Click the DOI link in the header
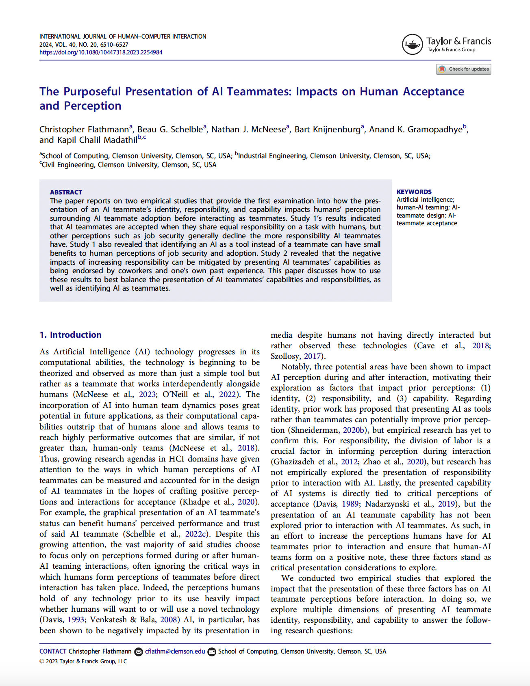101,52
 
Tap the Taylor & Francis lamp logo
412,44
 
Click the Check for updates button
464,69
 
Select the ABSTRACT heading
66,192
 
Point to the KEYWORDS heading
414,192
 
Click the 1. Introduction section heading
70,335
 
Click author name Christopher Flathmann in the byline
84,129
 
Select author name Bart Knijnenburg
327,129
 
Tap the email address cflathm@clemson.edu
175,651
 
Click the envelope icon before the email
139,652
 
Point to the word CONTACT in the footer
53,651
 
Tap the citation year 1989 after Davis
350,504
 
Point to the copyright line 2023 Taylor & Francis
83,662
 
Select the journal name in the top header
123,37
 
